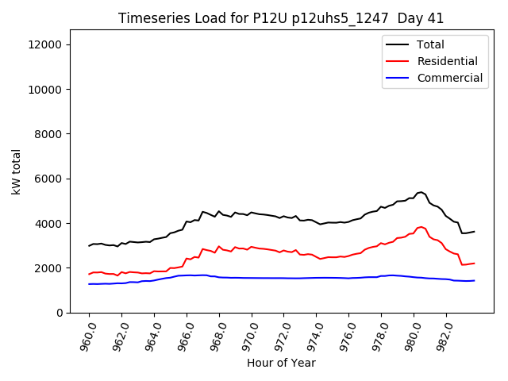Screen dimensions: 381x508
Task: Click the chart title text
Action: click(x=281, y=18)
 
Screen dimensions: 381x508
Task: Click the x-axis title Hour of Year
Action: click(x=281, y=363)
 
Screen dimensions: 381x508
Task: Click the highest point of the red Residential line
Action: click(x=421, y=227)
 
